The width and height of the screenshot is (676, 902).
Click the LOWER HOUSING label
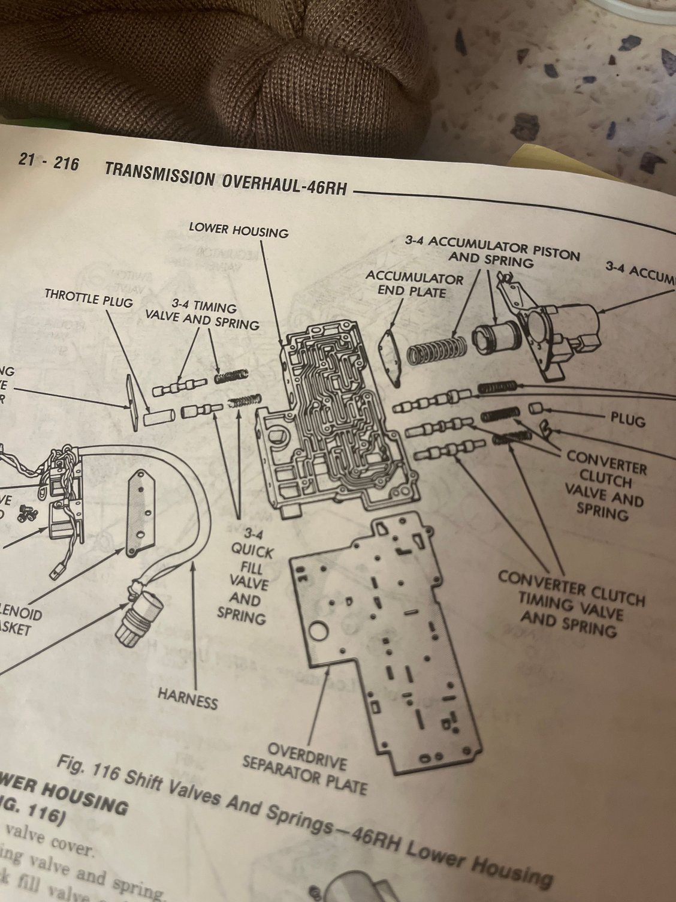tap(238, 229)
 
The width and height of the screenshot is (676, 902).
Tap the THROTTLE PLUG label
tap(88, 297)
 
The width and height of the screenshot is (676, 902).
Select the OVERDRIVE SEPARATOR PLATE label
tap(304, 768)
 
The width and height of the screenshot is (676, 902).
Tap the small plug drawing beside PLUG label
tap(536, 409)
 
